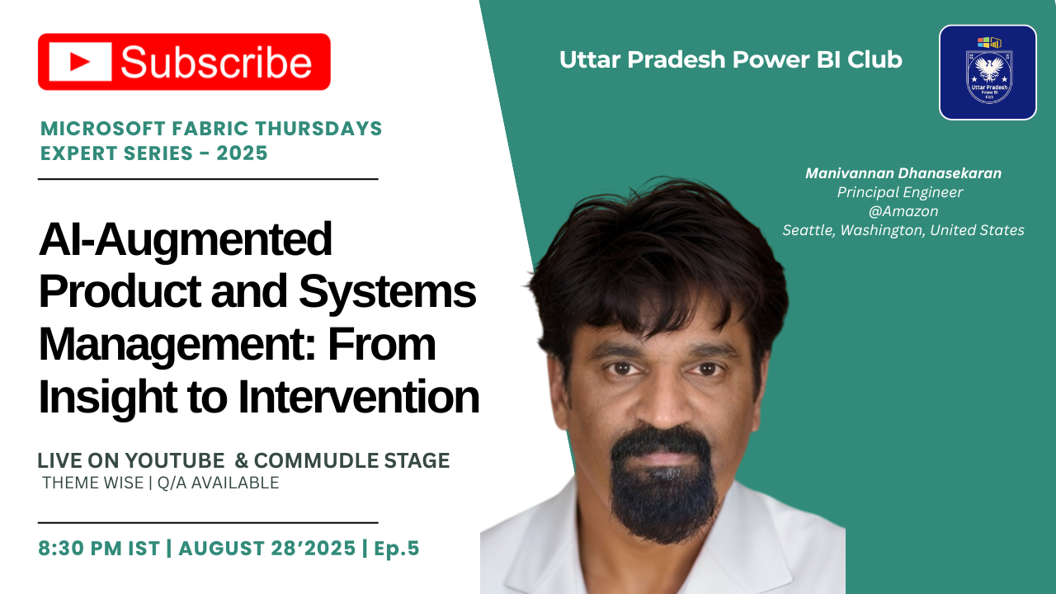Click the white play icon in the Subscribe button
tap(80, 62)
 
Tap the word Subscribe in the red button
tap(216, 63)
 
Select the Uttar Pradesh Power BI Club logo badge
tap(988, 73)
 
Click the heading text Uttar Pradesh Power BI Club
tap(730, 60)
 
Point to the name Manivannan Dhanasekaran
tap(903, 173)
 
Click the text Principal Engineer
tap(899, 192)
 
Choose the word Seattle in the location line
tap(808, 230)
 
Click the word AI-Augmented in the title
tap(185, 239)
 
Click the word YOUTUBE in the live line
tap(178, 461)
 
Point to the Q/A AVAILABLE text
tap(218, 483)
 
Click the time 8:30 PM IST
tap(99, 549)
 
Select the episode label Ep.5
tap(397, 549)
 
